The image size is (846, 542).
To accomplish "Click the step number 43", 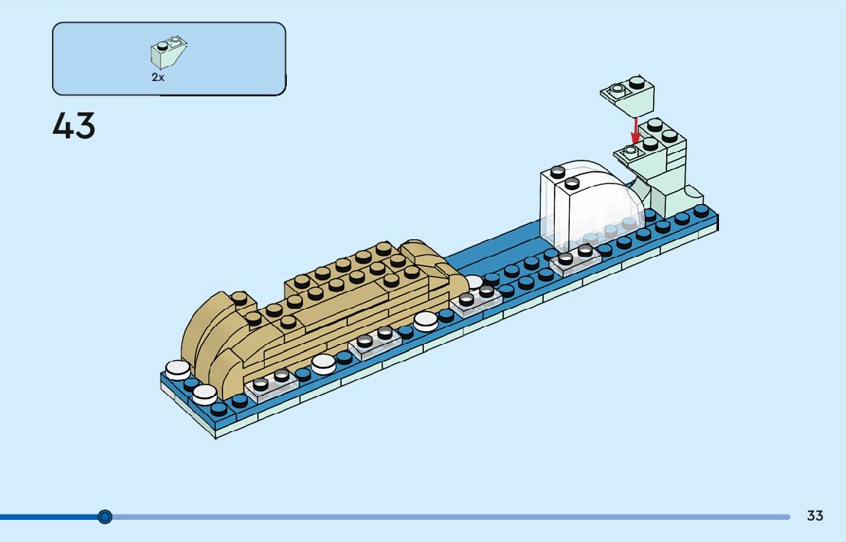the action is coord(74,126).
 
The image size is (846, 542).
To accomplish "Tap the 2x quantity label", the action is coord(158,78).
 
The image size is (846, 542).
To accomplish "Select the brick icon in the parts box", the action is coord(168,52).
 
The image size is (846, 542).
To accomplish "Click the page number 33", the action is coord(815,516).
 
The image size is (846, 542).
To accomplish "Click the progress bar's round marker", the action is coord(106,517).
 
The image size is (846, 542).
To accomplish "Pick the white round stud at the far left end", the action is coord(177,370).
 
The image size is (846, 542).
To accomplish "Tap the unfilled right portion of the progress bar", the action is coord(459,517).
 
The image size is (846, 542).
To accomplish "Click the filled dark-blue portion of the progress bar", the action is coord(46,517).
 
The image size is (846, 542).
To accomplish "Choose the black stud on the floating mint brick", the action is coord(636,82).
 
